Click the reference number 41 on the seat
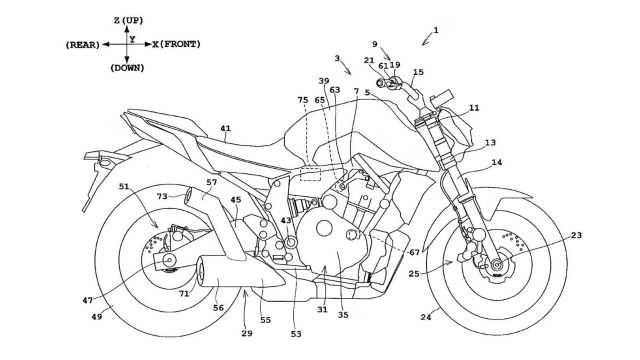225,128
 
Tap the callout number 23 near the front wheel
576,235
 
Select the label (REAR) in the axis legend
82,45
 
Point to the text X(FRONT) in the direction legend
177,44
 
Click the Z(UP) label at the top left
128,20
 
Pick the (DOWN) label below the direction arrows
127,68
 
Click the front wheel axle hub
497,264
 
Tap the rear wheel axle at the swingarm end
168,260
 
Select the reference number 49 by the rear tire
97,316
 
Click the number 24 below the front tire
426,317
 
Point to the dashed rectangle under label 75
311,173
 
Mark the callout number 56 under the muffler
218,308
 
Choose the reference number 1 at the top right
436,30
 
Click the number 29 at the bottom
247,333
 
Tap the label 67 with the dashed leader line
414,252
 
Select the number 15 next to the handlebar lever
418,72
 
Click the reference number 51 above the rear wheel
124,187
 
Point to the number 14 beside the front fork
496,162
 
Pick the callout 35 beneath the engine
343,315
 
